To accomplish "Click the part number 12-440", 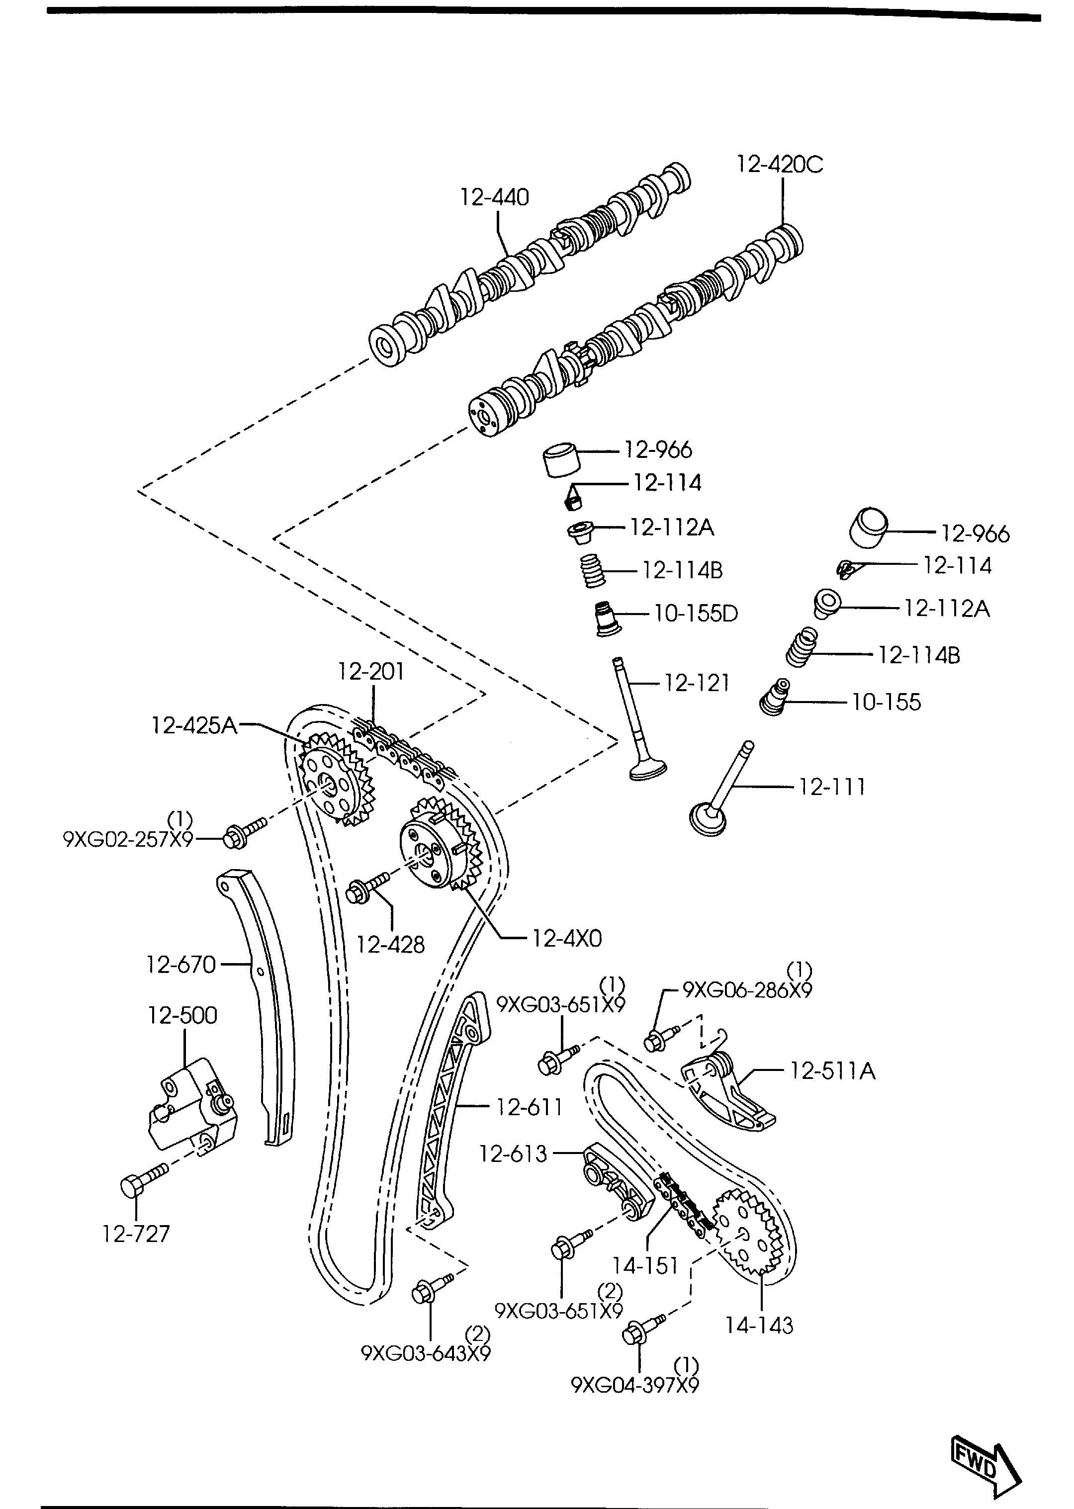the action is (x=495, y=197).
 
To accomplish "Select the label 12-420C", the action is (x=780, y=164).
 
